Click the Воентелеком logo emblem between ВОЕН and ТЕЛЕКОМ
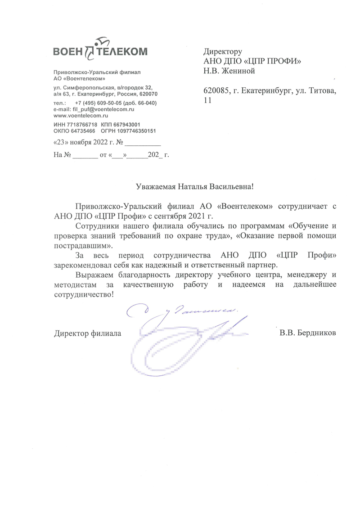point(89,50)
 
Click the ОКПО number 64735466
point(81,131)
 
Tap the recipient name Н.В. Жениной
point(230,70)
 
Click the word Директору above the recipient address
point(223,51)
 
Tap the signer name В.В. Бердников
point(307,333)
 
